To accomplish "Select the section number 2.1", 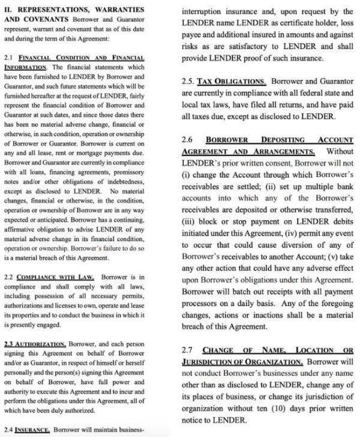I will (x=8, y=57).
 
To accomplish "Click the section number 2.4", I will (x=8, y=430).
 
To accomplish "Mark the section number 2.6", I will (x=187, y=140).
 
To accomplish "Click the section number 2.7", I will (x=187, y=350).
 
